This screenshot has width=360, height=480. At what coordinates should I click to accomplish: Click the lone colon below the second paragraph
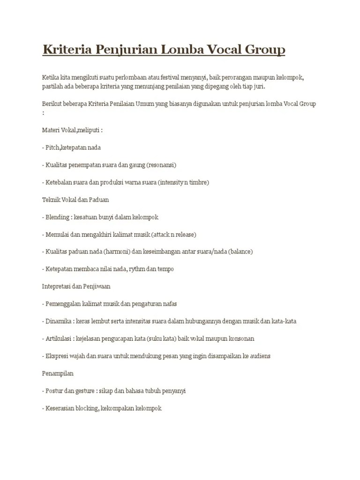[x=43, y=112]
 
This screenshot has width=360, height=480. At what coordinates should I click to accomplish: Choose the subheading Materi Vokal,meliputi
[x=72, y=130]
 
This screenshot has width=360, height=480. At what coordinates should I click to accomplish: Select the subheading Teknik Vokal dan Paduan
[x=75, y=200]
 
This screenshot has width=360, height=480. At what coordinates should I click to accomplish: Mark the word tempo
[x=166, y=269]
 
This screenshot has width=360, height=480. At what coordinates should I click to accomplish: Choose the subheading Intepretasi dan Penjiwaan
[x=76, y=286]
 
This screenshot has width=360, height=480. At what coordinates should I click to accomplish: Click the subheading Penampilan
[x=58, y=374]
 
